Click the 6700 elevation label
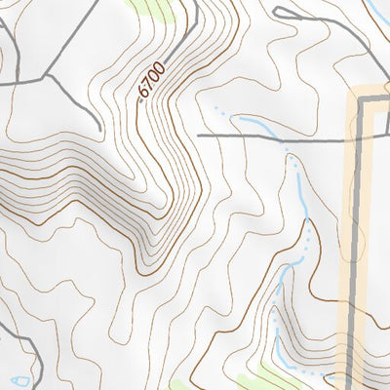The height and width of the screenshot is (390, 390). (x=152, y=81)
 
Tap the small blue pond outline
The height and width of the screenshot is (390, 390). (x=17, y=378)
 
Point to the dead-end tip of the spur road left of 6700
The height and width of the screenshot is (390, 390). (x=100, y=129)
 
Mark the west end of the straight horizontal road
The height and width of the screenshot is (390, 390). (x=199, y=136)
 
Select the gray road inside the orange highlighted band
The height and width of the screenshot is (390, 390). (x=358, y=244)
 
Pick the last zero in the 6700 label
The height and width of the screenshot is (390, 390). (x=160, y=68)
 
